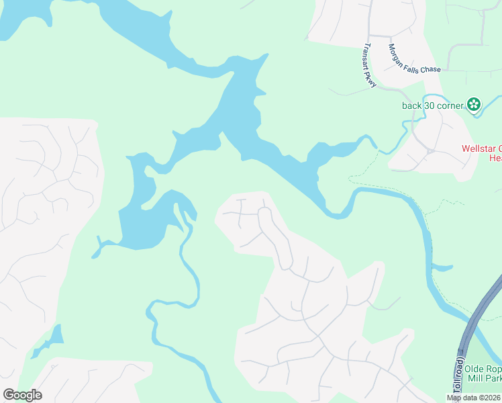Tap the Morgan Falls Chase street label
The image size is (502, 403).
(x=414, y=59)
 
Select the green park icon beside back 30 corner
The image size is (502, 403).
(x=474, y=104)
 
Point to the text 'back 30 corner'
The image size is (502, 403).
(x=432, y=105)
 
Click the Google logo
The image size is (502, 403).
(x=22, y=395)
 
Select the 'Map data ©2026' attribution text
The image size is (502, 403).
(x=473, y=398)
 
